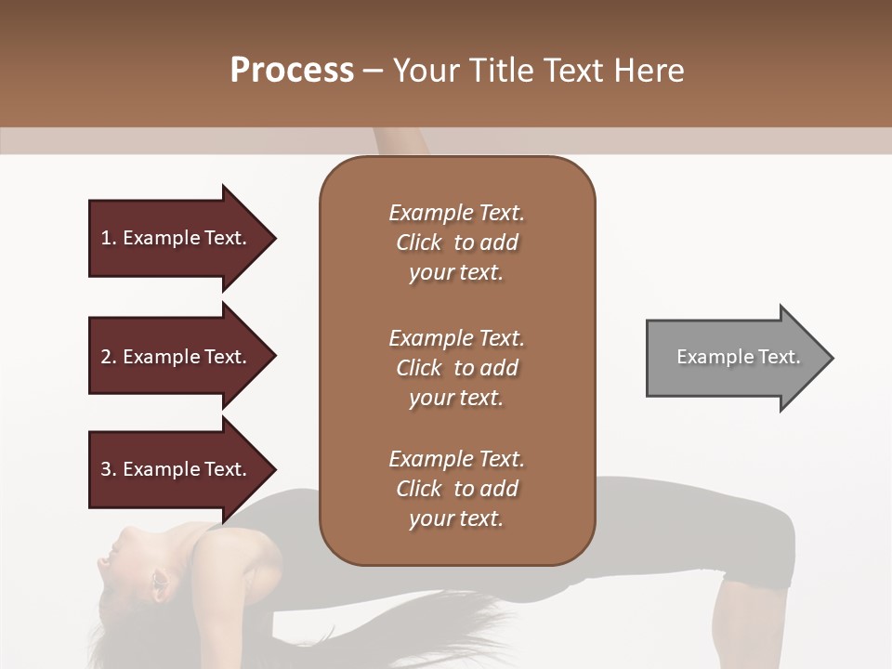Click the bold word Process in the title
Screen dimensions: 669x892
click(x=292, y=71)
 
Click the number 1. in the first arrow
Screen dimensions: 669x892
click(x=109, y=238)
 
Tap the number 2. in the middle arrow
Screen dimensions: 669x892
click(x=109, y=357)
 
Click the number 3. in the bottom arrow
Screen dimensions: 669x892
click(x=109, y=469)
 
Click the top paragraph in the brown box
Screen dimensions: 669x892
click(x=456, y=243)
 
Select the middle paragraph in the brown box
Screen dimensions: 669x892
click(x=456, y=367)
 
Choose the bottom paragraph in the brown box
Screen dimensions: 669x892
click(x=456, y=489)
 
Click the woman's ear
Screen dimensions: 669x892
click(x=158, y=584)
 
